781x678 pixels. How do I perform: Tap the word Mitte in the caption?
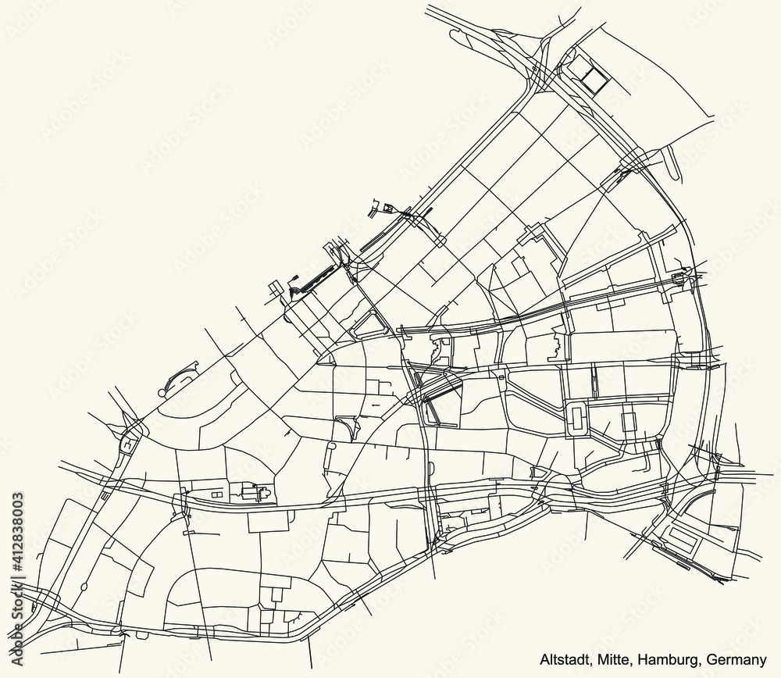click(x=614, y=656)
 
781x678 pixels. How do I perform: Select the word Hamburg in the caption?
click(x=665, y=656)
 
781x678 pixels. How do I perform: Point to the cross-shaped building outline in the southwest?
click(x=257, y=493)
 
